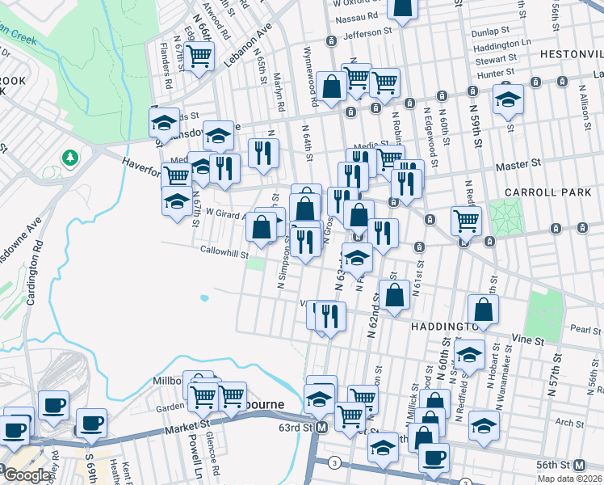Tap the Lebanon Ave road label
point(251,51)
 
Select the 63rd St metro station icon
point(321,427)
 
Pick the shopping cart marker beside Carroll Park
point(465,218)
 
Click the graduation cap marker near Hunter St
point(508,98)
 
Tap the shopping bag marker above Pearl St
point(483,309)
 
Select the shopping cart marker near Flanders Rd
point(199,55)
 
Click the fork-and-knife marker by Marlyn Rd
point(262,151)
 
